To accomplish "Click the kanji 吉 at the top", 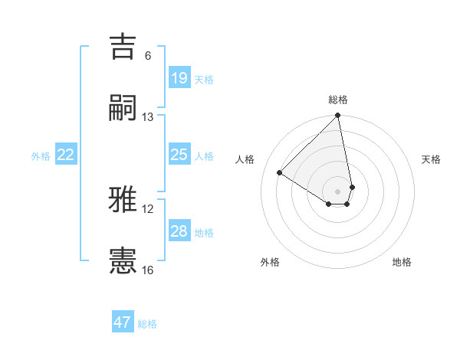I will [123, 47].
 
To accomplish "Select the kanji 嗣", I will [123, 108].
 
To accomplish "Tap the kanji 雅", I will [123, 200].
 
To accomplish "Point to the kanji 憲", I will [123, 261].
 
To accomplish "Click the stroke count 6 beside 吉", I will [148, 56].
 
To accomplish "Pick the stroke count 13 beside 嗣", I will [148, 117].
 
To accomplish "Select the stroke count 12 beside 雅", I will [148, 209].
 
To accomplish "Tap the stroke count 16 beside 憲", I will [148, 270].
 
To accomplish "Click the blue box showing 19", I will [179, 78].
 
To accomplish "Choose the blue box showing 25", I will [179, 155].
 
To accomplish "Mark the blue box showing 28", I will [179, 231].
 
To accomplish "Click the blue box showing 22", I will [66, 155].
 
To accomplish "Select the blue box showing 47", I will [123, 322].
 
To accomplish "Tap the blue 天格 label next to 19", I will [204, 80].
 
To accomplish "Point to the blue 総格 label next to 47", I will [147, 324].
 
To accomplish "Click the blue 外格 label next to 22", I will [41, 156].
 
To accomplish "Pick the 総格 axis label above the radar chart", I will [338, 100].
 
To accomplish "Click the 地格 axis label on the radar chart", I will [402, 262].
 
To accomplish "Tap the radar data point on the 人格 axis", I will [280, 173].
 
